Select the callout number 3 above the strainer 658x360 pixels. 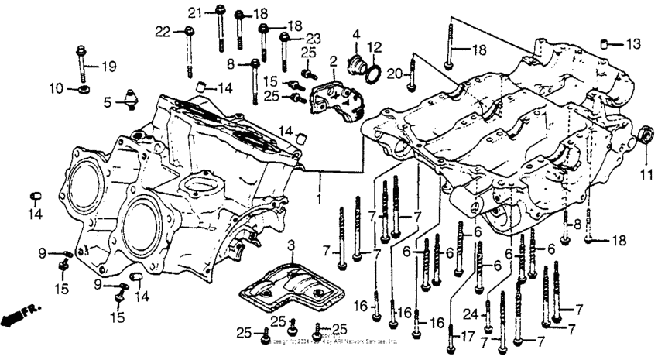click(x=290, y=245)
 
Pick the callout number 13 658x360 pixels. click(x=633, y=43)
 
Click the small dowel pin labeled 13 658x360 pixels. click(x=608, y=41)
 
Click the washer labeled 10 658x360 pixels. click(x=83, y=91)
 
